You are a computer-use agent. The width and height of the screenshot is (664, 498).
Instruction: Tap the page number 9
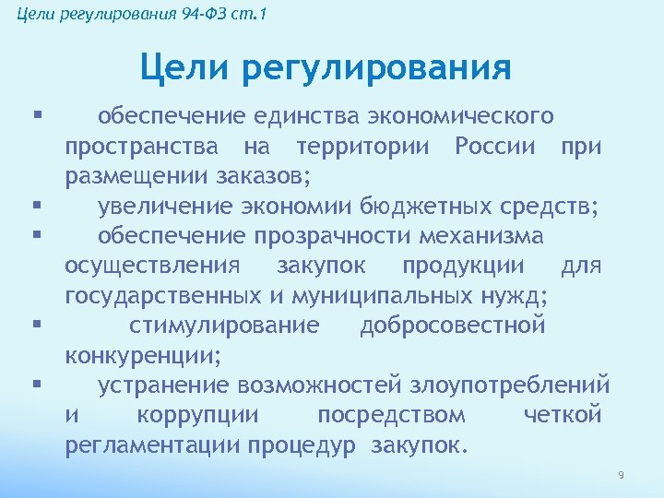coord(621,475)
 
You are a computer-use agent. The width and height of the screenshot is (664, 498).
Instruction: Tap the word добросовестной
coord(453,326)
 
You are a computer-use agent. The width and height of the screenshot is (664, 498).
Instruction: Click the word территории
coord(368,147)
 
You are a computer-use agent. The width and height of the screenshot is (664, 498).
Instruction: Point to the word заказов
coord(261,176)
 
